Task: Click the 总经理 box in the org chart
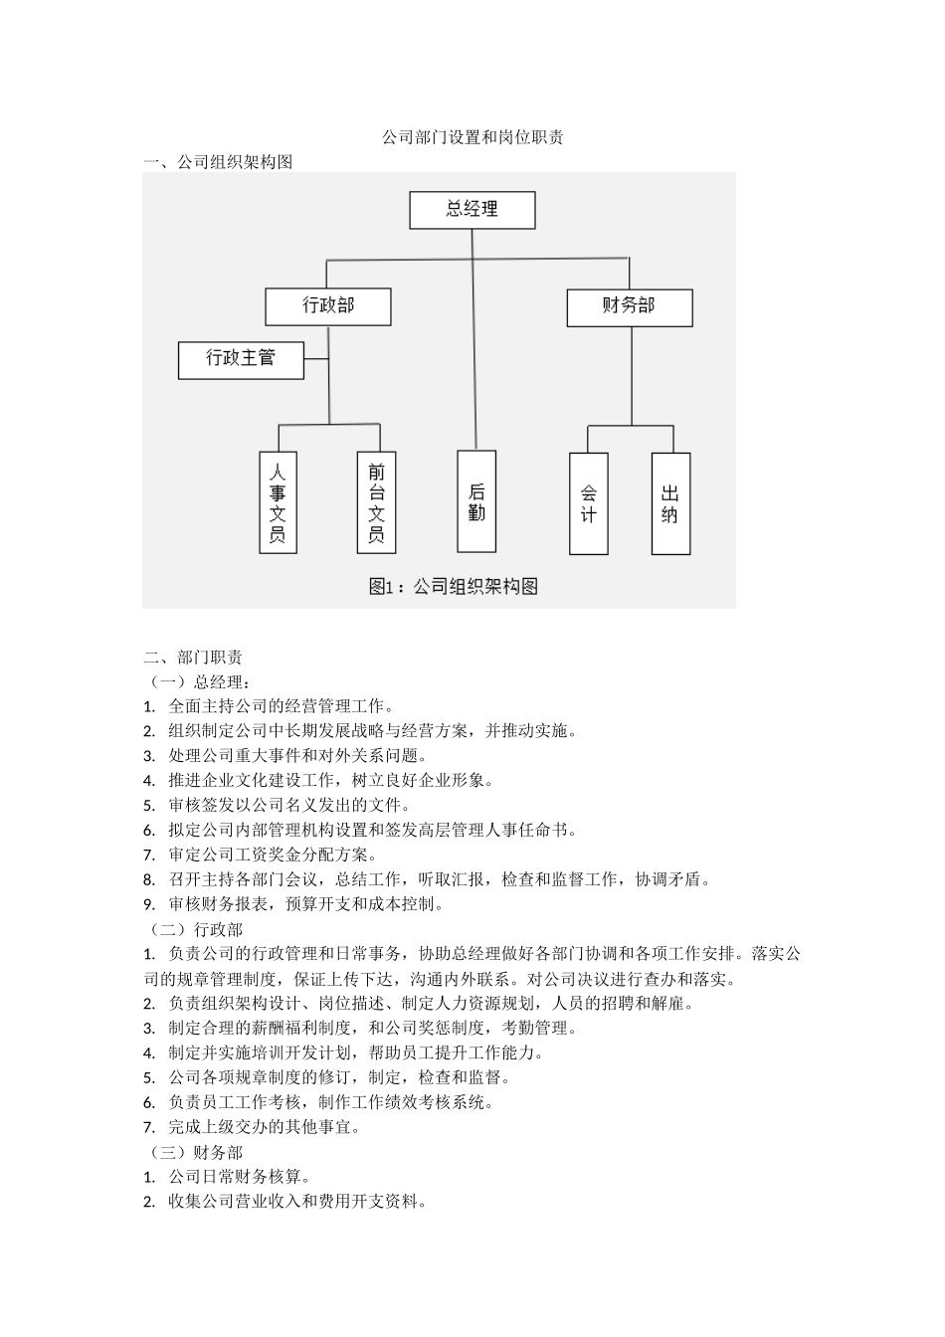472,210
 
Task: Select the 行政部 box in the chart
327,306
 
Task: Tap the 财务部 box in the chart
629,306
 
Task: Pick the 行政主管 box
241,359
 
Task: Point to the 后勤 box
476,501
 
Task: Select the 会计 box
588,503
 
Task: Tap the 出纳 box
669,503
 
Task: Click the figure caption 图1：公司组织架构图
454,587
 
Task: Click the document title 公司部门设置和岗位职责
472,138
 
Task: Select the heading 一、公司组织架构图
218,162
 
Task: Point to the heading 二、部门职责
193,657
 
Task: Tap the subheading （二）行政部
195,929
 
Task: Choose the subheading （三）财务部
195,1152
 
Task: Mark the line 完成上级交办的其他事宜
265,1127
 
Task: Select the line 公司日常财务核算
240,1177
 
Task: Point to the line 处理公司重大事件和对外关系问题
297,755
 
